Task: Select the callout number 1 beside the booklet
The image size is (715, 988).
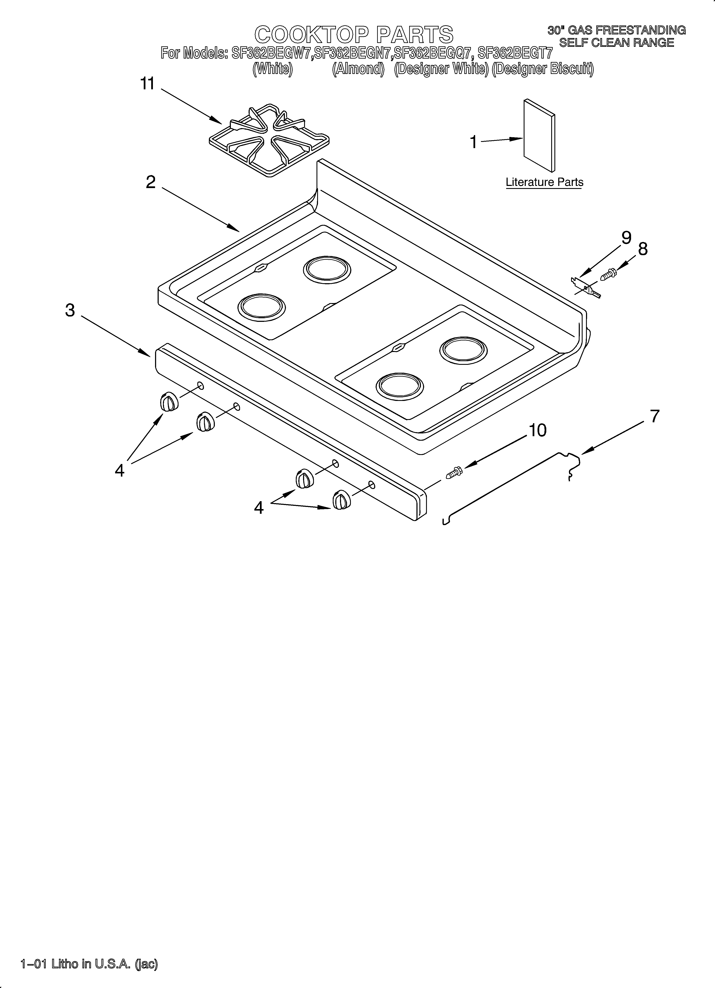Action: coord(474,142)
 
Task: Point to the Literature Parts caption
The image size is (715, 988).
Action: coord(544,182)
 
